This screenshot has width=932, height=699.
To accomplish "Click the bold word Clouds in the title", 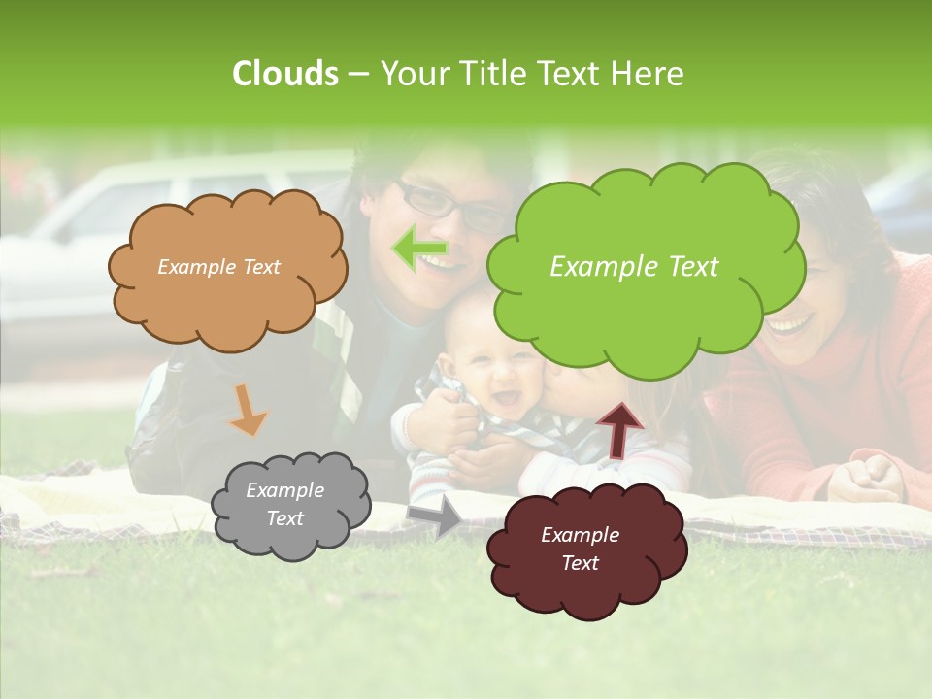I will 284,74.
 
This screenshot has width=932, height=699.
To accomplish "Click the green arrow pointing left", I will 419,249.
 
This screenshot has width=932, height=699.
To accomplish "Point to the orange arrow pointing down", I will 248,411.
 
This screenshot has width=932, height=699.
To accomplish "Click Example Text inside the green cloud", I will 634,267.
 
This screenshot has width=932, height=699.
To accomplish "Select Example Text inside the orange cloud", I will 218,267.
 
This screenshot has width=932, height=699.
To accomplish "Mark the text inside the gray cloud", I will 284,505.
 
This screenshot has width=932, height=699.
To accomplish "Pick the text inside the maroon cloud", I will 580,549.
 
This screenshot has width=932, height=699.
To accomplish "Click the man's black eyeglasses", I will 452,207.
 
